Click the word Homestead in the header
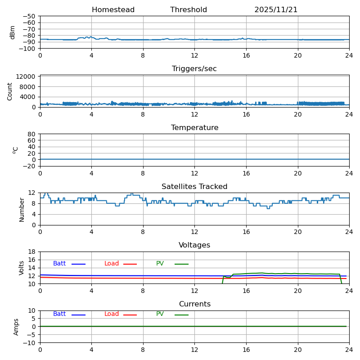click(x=113, y=10)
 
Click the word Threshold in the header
click(x=189, y=10)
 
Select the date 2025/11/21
click(x=276, y=10)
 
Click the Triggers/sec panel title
click(x=194, y=69)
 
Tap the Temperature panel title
click(x=194, y=128)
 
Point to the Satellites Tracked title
click(x=194, y=187)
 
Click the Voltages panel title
click(x=194, y=245)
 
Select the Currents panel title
click(x=194, y=304)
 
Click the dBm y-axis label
click(x=13, y=32)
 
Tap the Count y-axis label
click(x=10, y=91)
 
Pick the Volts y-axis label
click(x=22, y=268)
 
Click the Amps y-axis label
click(x=16, y=327)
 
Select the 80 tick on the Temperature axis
click(x=32, y=134)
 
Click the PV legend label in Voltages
click(x=160, y=264)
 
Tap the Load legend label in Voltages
click(x=112, y=264)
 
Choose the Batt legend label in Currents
click(x=59, y=314)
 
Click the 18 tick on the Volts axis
click(x=32, y=252)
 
